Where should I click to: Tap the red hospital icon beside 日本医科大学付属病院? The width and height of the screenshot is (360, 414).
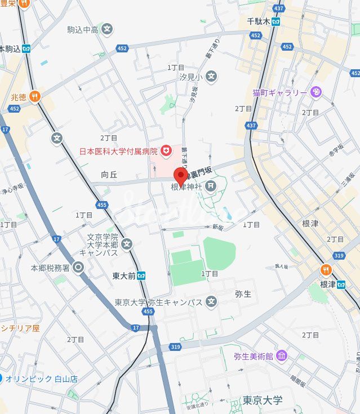[x=166, y=150]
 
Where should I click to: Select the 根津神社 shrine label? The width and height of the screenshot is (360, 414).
[x=186, y=186]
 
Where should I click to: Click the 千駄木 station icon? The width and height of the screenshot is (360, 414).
[x=276, y=21]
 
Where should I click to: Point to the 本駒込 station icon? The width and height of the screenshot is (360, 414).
[x=26, y=49]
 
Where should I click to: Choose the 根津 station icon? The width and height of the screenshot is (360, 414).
[x=341, y=284]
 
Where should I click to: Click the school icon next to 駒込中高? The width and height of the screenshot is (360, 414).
[x=107, y=29]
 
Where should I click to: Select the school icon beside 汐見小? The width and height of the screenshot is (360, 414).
[x=211, y=76]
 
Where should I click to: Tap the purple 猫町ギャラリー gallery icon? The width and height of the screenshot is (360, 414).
[x=316, y=92]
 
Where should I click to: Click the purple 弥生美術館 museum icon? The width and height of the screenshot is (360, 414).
[x=282, y=356]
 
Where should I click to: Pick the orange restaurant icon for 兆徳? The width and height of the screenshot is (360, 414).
[x=35, y=97]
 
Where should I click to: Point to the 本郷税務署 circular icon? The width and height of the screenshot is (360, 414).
[x=78, y=268]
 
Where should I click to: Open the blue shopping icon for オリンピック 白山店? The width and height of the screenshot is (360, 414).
[x=2, y=379]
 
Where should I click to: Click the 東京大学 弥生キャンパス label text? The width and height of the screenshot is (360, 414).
[x=158, y=302]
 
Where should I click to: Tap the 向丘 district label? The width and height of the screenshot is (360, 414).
[x=109, y=175]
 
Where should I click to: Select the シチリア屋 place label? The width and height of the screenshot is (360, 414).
[x=20, y=328]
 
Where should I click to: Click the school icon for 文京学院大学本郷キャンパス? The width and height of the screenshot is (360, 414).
[x=127, y=244]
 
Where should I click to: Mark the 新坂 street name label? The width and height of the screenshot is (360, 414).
[x=218, y=226]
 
